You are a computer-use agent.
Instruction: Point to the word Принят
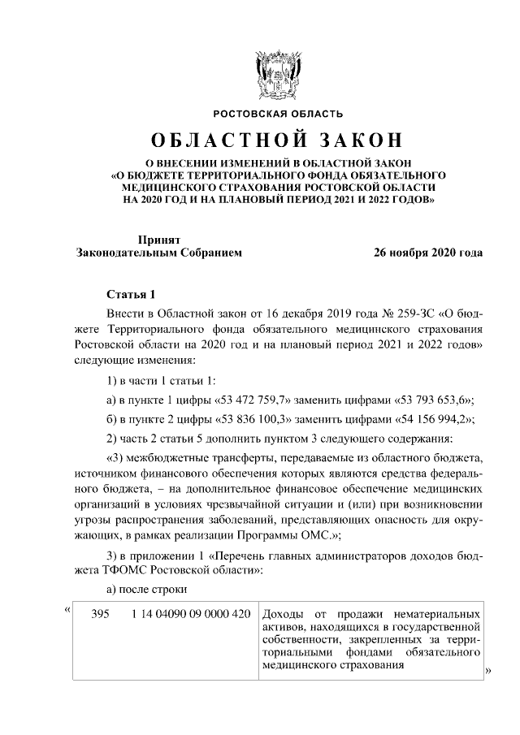(x=158, y=239)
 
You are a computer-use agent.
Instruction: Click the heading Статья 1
(x=129, y=293)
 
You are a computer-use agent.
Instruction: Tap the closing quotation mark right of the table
(x=488, y=671)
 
